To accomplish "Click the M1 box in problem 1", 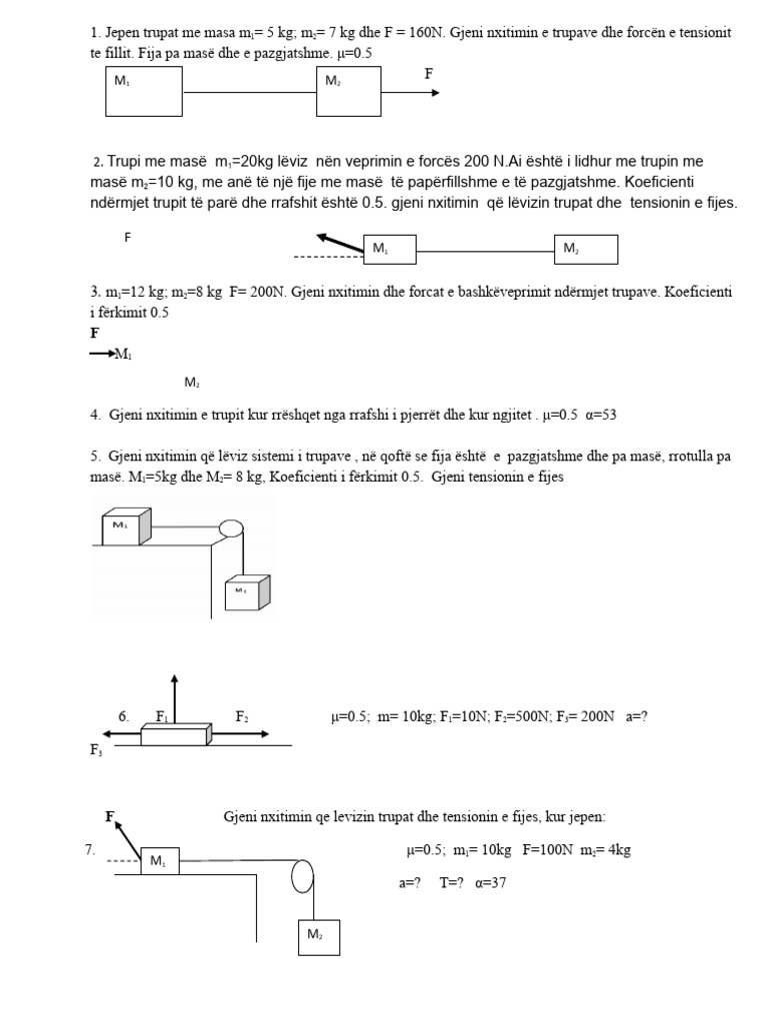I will [x=144, y=93].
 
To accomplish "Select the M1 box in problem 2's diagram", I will [x=389, y=250].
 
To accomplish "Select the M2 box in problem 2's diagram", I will [x=586, y=250].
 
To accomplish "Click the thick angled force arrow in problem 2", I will [x=338, y=242].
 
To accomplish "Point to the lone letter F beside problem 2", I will [x=127, y=238].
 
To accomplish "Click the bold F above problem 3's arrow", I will [x=95, y=333].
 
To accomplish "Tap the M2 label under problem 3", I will [x=192, y=383].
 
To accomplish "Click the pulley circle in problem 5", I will [x=231, y=528].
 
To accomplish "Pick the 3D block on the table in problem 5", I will [x=125, y=526].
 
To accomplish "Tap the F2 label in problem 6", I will [x=242, y=716].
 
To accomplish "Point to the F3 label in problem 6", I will [x=96, y=749].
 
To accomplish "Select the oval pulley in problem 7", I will [x=304, y=876].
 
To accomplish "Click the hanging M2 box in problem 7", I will [x=318, y=935].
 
